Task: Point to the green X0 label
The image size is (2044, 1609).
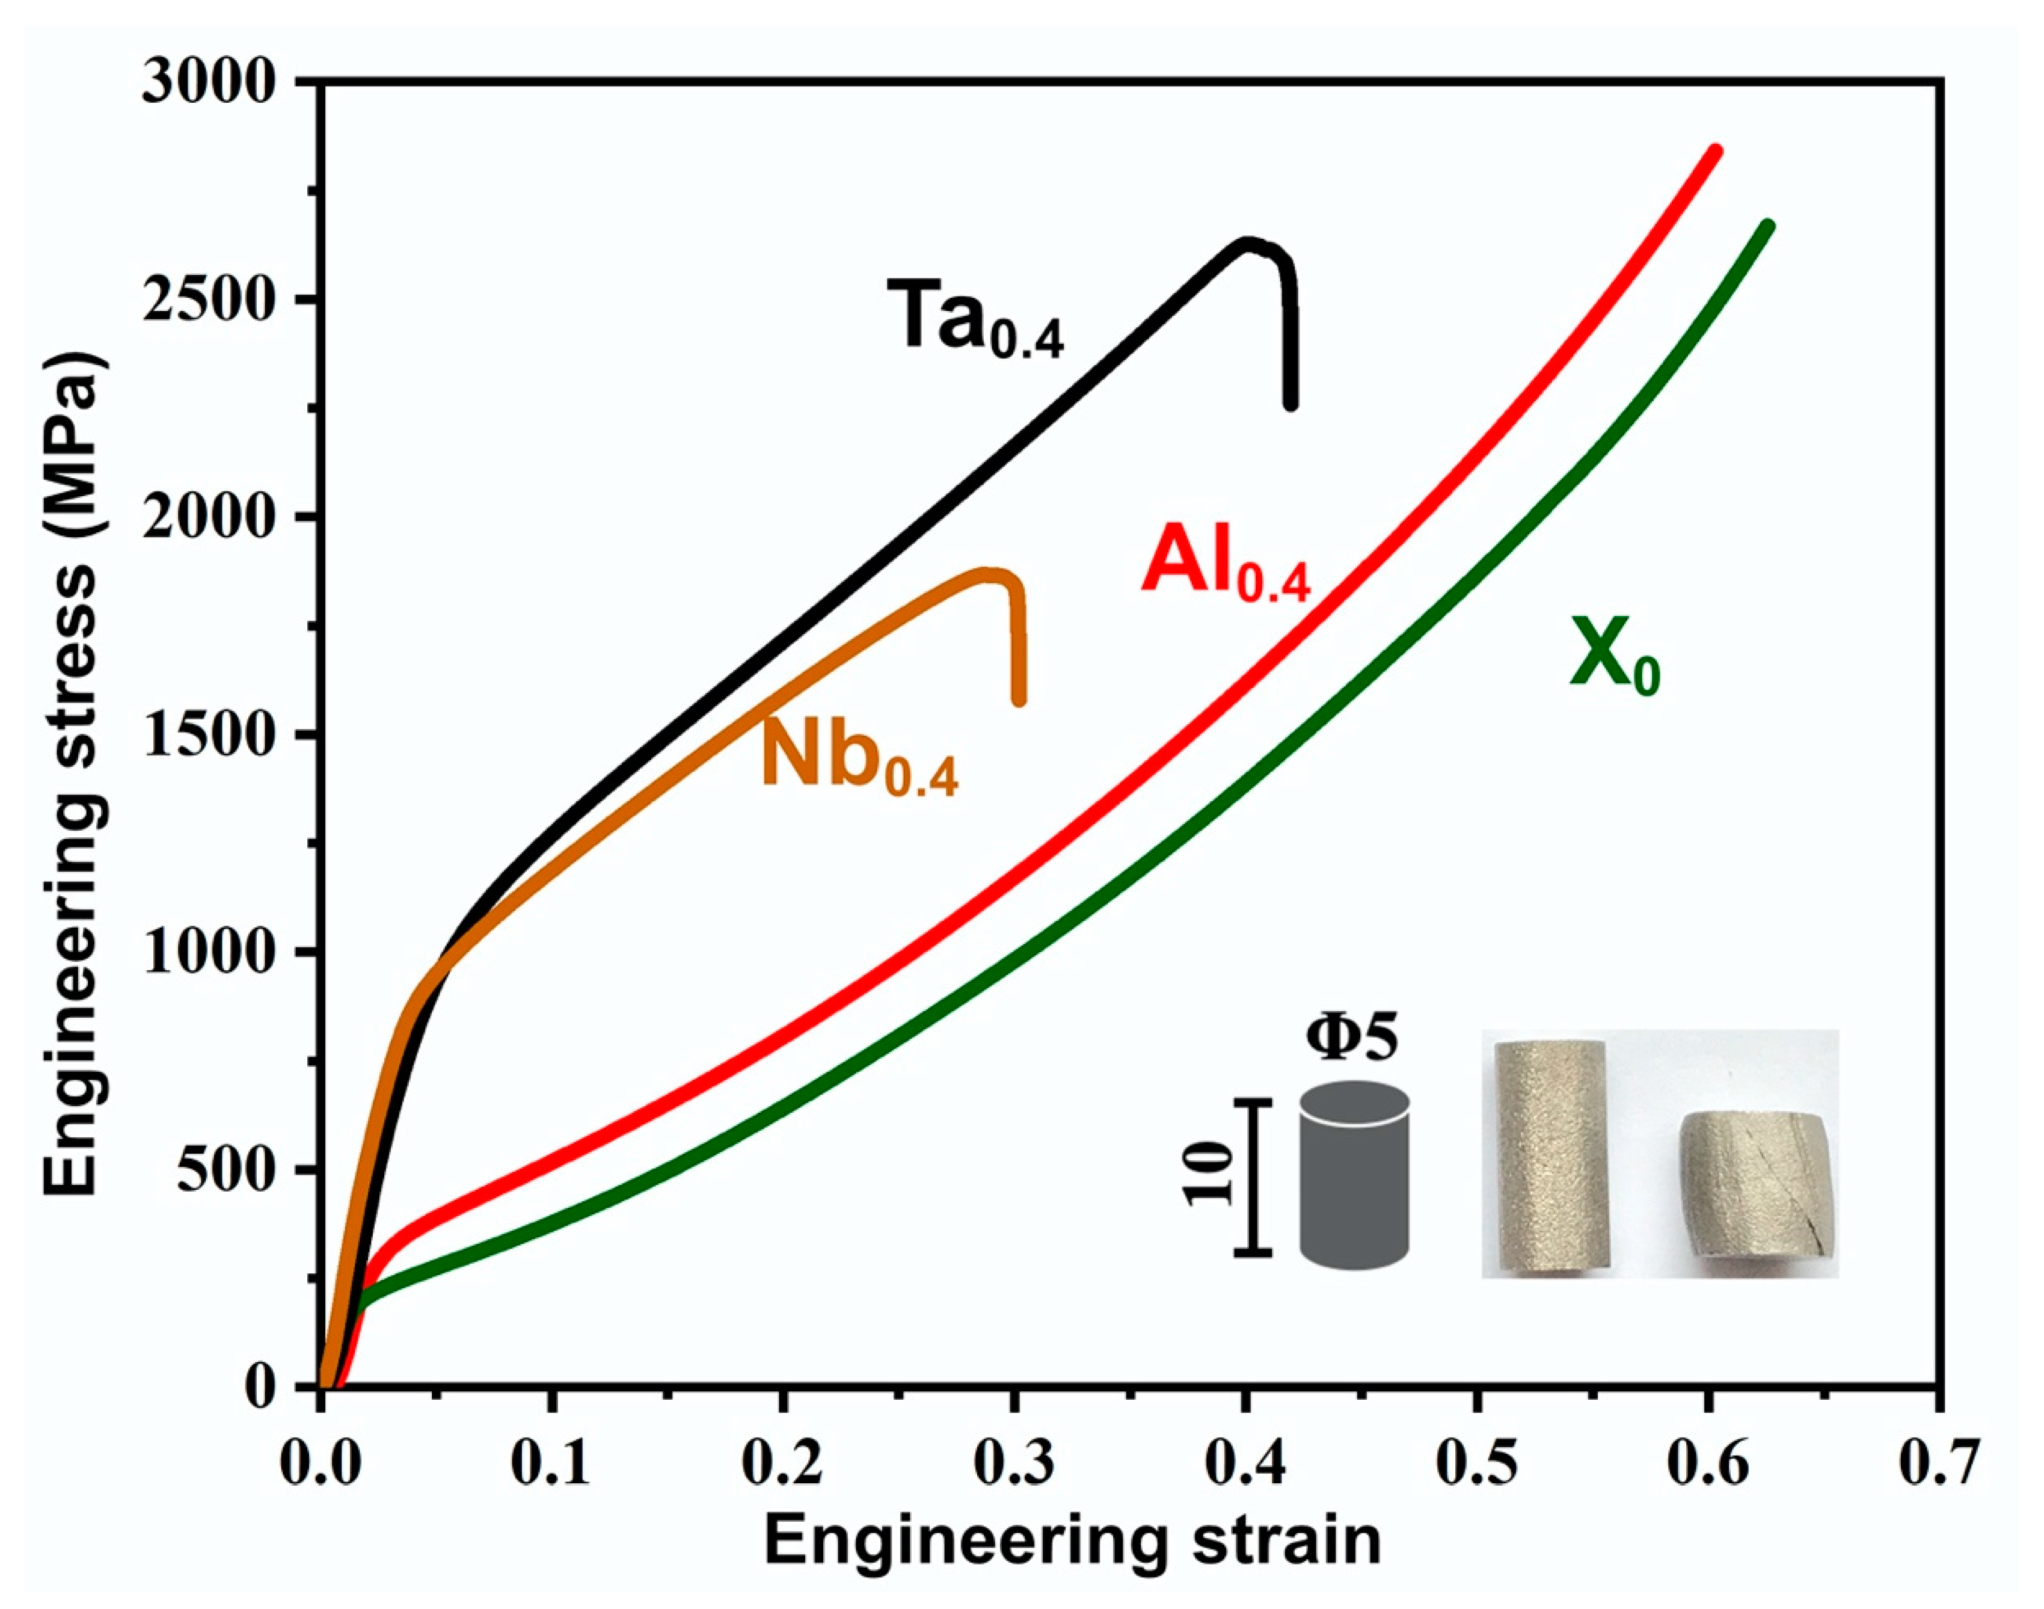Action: coord(1613,657)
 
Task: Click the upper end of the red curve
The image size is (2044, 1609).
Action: coord(1716,151)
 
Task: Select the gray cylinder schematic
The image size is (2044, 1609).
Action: coord(1354,1174)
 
